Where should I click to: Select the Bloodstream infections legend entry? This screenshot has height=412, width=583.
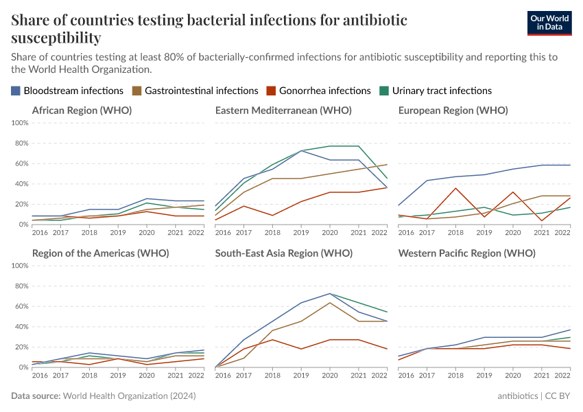point(67,91)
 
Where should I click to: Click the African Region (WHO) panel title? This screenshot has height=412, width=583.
point(82,111)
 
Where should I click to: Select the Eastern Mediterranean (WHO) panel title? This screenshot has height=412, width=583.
point(283,111)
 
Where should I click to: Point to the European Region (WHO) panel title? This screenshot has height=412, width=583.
point(453,111)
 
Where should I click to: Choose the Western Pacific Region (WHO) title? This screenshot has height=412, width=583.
point(466,253)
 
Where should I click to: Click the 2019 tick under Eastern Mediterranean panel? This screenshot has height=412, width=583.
point(301,233)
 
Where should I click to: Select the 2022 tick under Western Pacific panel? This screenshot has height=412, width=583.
point(562,376)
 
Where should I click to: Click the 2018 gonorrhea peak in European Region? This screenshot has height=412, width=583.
point(455,188)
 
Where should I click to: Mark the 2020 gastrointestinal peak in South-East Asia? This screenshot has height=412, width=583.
point(330,303)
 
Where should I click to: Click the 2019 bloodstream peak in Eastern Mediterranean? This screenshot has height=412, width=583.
point(301,150)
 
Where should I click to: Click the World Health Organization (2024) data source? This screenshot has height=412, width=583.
point(129,396)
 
